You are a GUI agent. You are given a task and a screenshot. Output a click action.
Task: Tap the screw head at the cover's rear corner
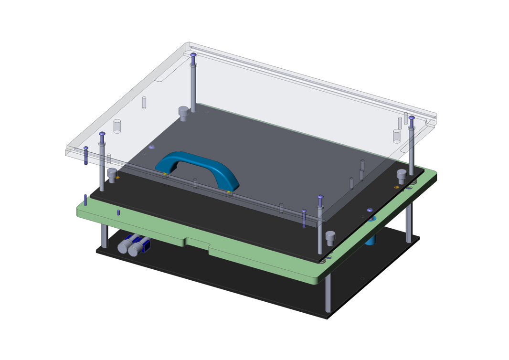tap(193, 55)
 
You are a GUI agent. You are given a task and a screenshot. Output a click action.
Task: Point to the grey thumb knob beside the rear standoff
tap(183, 113)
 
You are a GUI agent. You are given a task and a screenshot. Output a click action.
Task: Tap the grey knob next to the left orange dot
tap(112, 175)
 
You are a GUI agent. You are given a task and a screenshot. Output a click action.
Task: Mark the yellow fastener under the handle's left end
tap(165, 174)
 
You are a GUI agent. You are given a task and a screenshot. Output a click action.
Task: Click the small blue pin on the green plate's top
tap(118, 212)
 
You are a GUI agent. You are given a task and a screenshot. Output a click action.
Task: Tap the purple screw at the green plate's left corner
tap(85, 199)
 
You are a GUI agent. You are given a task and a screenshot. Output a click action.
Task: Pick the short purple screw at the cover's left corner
tap(85, 155)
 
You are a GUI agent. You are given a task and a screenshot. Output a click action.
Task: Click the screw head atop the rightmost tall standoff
tap(411, 118)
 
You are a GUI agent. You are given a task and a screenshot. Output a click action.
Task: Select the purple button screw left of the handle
tap(152, 147)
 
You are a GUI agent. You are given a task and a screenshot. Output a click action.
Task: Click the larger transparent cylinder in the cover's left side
tap(117, 126)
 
